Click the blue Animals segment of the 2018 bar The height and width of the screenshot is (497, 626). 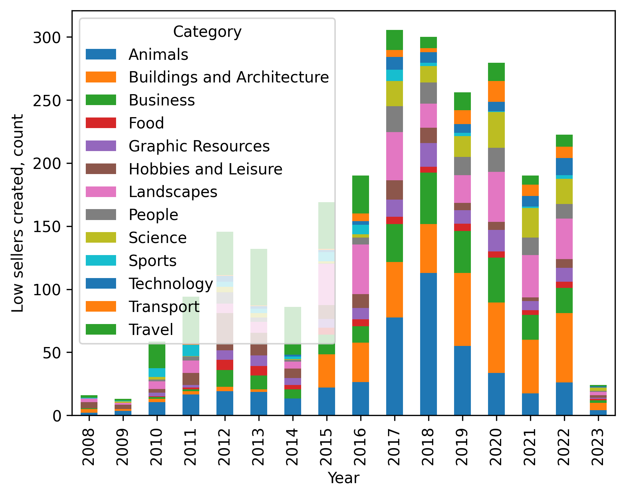click(428, 344)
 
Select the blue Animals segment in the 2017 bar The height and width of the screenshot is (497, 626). click(394, 366)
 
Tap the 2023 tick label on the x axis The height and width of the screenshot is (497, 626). click(598, 447)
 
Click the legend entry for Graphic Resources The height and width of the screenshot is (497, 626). click(199, 146)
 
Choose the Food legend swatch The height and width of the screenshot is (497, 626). click(101, 123)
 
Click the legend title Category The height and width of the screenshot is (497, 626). click(207, 32)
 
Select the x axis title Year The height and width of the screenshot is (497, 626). click(343, 478)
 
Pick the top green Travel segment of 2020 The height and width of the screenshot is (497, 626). click(496, 72)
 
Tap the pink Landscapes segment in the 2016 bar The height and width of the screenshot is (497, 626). click(360, 269)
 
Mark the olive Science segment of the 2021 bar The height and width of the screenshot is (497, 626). click(530, 223)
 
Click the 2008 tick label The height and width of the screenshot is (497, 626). click(89, 447)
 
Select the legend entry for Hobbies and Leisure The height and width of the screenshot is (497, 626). click(205, 169)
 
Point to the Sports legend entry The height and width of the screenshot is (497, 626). click(152, 261)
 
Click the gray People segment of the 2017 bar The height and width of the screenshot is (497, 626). click(394, 119)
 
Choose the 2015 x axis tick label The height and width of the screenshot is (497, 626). click(326, 447)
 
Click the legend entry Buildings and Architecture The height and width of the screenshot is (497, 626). click(228, 77)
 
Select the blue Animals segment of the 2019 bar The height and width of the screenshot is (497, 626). click(462, 380)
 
